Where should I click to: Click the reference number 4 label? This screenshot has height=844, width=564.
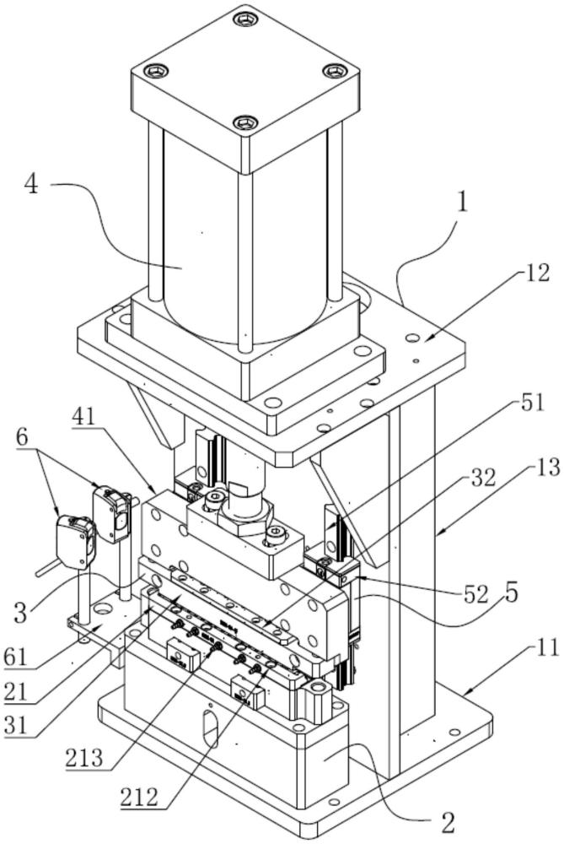[x=32, y=186]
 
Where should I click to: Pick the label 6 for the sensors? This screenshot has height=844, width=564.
[x=23, y=437]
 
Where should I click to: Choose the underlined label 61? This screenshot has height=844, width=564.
[x=17, y=657]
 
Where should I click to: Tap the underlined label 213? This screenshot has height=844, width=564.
[x=83, y=758]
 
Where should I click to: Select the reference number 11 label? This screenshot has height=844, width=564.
[x=548, y=647]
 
